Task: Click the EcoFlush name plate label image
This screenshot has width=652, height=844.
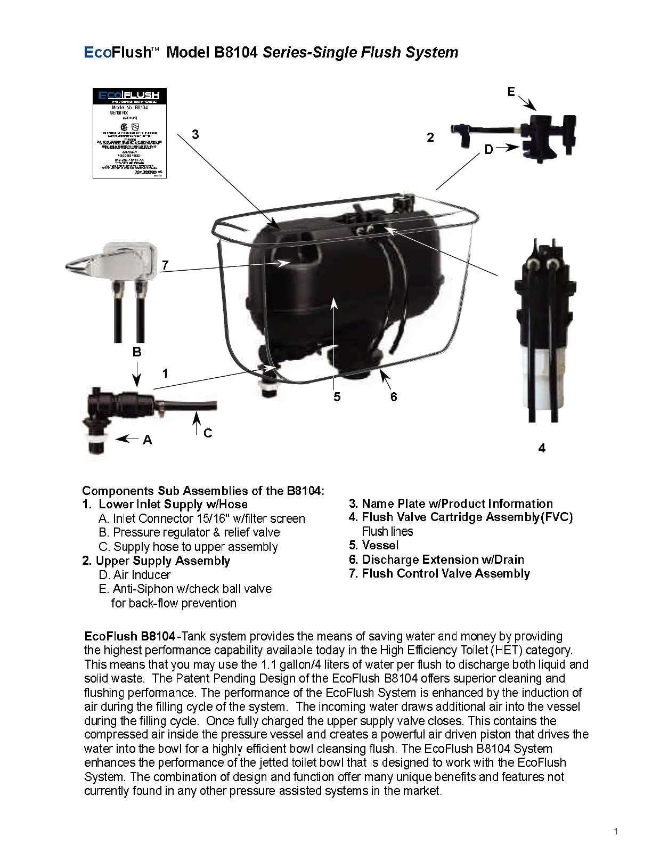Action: pyautogui.click(x=129, y=133)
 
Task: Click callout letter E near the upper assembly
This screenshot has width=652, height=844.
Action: pyautogui.click(x=511, y=92)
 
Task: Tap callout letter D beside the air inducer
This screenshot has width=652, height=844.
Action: pyautogui.click(x=489, y=150)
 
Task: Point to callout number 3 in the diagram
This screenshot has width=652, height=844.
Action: pyautogui.click(x=195, y=134)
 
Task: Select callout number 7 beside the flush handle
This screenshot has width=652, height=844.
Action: pyautogui.click(x=166, y=265)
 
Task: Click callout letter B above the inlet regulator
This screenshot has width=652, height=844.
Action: pyautogui.click(x=137, y=352)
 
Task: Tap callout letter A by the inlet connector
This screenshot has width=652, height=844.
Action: pyautogui.click(x=148, y=440)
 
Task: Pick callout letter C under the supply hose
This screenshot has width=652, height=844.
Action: pyautogui.click(x=208, y=433)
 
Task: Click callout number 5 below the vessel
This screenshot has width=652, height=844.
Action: pyautogui.click(x=337, y=397)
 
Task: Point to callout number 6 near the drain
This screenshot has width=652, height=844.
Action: pyautogui.click(x=394, y=397)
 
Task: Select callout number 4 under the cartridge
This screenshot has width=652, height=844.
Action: pyautogui.click(x=542, y=448)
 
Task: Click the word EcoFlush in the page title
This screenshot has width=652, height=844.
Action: pyautogui.click(x=118, y=53)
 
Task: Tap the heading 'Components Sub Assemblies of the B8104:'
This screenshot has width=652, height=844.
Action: pyautogui.click(x=203, y=491)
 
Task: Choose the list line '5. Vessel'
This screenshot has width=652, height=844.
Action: pyautogui.click(x=373, y=545)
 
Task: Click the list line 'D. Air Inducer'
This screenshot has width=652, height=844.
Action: pyautogui.click(x=135, y=575)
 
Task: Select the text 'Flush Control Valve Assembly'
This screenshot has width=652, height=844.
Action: pyautogui.click(x=446, y=573)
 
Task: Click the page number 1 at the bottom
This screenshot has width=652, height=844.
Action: pyautogui.click(x=616, y=831)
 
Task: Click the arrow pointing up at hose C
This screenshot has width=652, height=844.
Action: pyautogui.click(x=196, y=424)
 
